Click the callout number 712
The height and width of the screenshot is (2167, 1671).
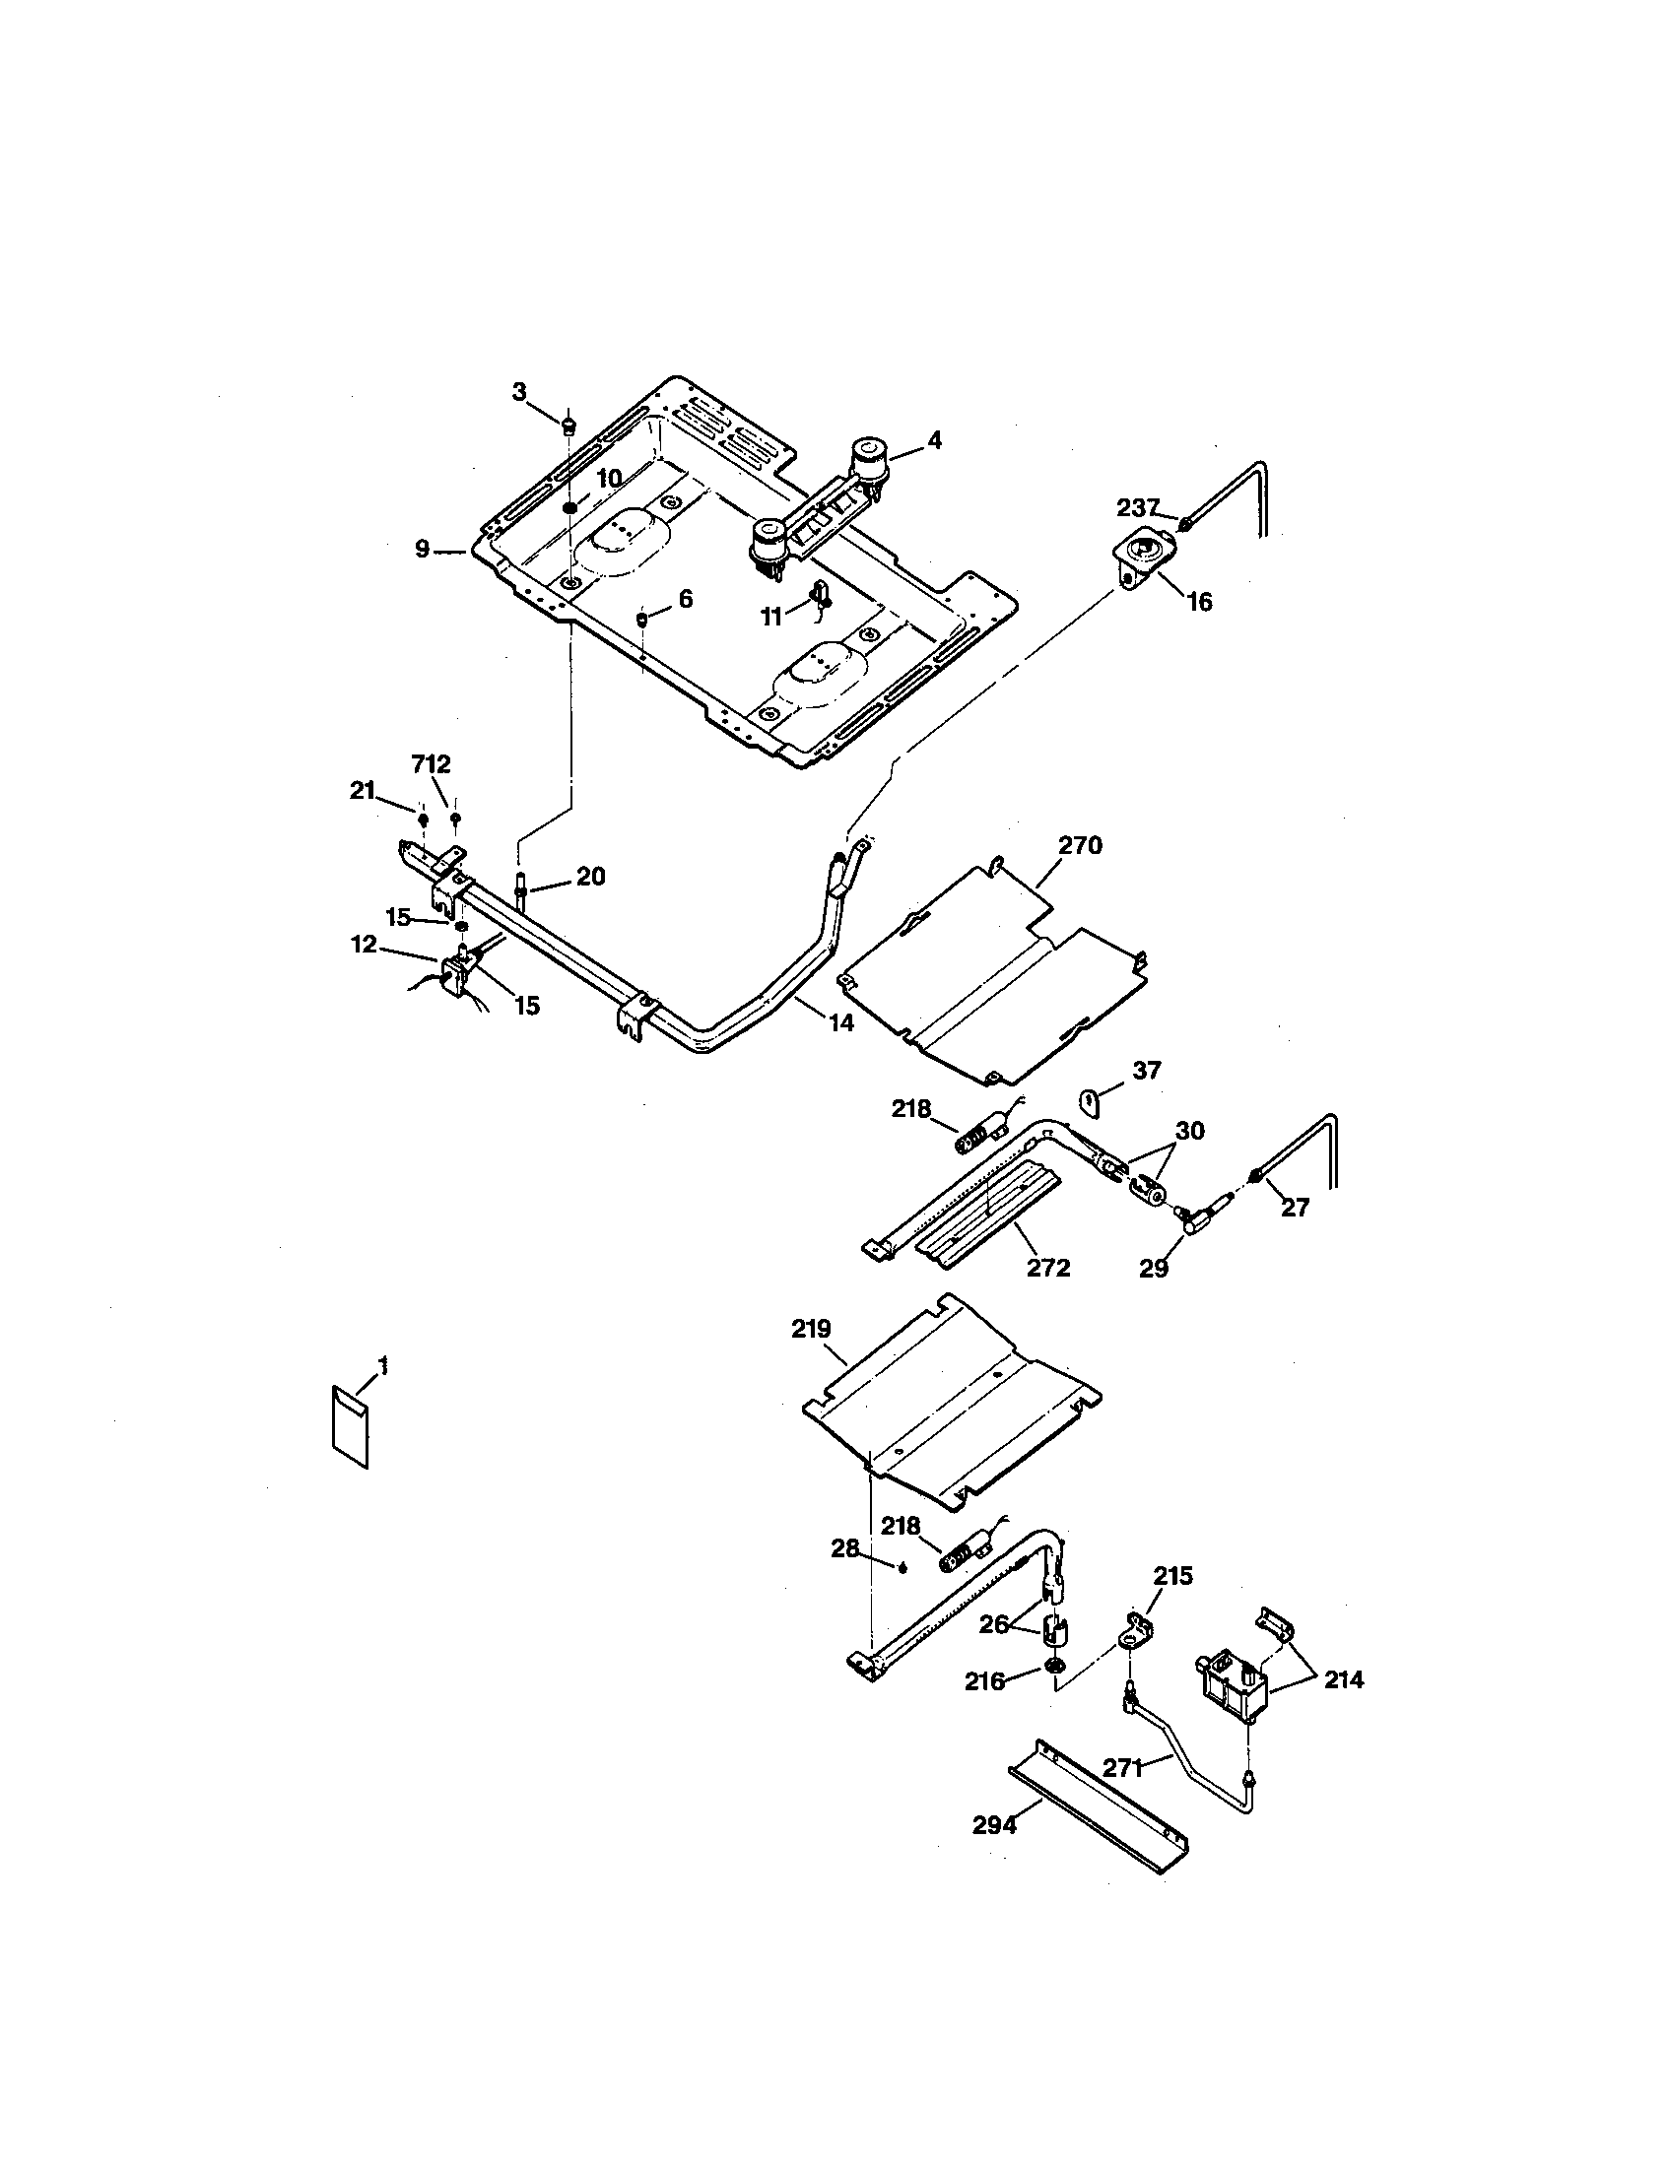[431, 764]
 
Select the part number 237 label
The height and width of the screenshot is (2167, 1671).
[1138, 508]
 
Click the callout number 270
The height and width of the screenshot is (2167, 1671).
[1080, 845]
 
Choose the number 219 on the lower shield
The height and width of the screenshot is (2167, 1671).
[811, 1330]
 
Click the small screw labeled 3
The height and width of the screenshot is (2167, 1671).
[568, 427]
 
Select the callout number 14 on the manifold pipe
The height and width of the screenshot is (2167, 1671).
[840, 1023]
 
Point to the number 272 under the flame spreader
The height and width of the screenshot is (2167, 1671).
[1048, 1268]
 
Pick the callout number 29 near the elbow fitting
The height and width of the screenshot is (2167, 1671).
[1153, 1268]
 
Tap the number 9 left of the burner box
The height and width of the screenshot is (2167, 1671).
[423, 549]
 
